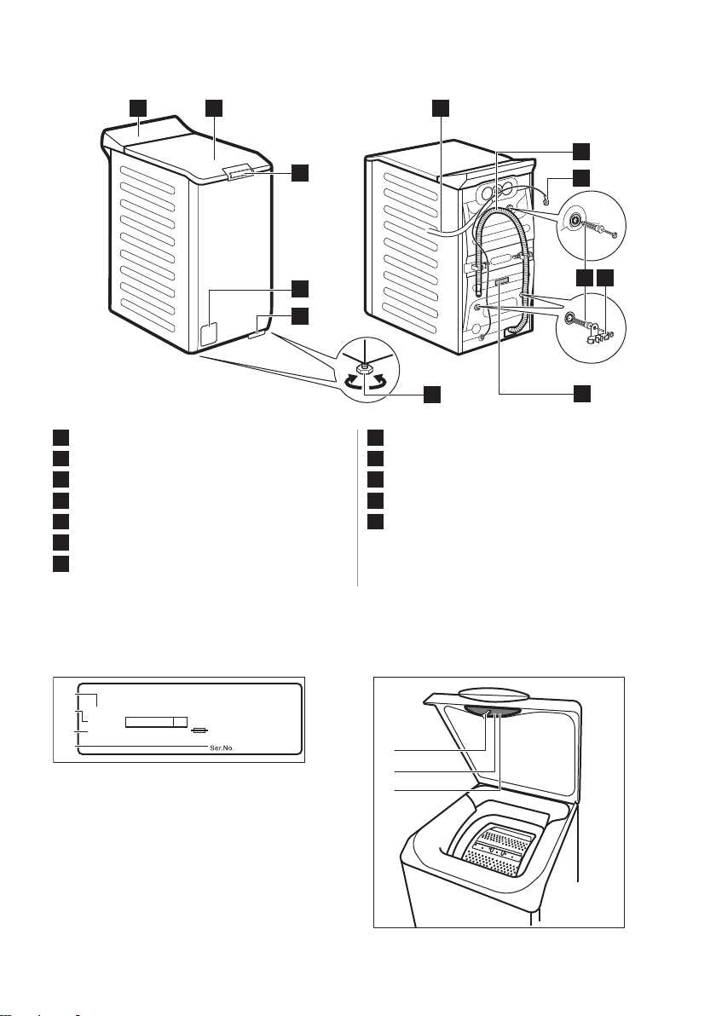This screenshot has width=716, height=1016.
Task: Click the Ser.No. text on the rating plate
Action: pyautogui.click(x=221, y=748)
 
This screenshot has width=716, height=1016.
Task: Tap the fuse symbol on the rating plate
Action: pyautogui.click(x=200, y=731)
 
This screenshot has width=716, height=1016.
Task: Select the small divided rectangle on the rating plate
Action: pyautogui.click(x=156, y=722)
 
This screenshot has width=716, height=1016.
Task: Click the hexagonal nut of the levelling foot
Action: pyautogui.click(x=366, y=367)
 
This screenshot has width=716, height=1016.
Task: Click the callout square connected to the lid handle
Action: pyautogui.click(x=298, y=173)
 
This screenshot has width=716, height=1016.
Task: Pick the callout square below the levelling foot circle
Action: pyautogui.click(x=432, y=394)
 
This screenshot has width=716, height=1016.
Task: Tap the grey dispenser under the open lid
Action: pyautogui.click(x=492, y=712)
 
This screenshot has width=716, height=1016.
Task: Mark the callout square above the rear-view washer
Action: pyautogui.click(x=441, y=108)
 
